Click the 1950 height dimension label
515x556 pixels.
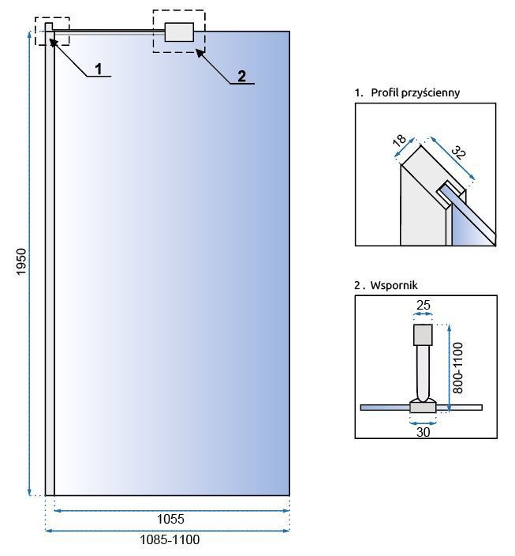[21, 262]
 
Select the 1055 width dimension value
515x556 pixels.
[170, 519]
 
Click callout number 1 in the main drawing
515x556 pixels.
[99, 69]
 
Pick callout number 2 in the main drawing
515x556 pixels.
[241, 76]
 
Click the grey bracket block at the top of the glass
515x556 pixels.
[179, 32]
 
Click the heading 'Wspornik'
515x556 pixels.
[392, 284]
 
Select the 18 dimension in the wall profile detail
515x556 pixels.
[399, 141]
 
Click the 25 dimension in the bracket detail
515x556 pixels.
[423, 303]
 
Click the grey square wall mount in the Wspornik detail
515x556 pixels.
[424, 335]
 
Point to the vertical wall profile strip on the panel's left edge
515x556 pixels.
[50, 261]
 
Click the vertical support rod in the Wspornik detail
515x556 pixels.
[424, 371]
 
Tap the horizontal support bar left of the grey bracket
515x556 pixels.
[110, 32]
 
